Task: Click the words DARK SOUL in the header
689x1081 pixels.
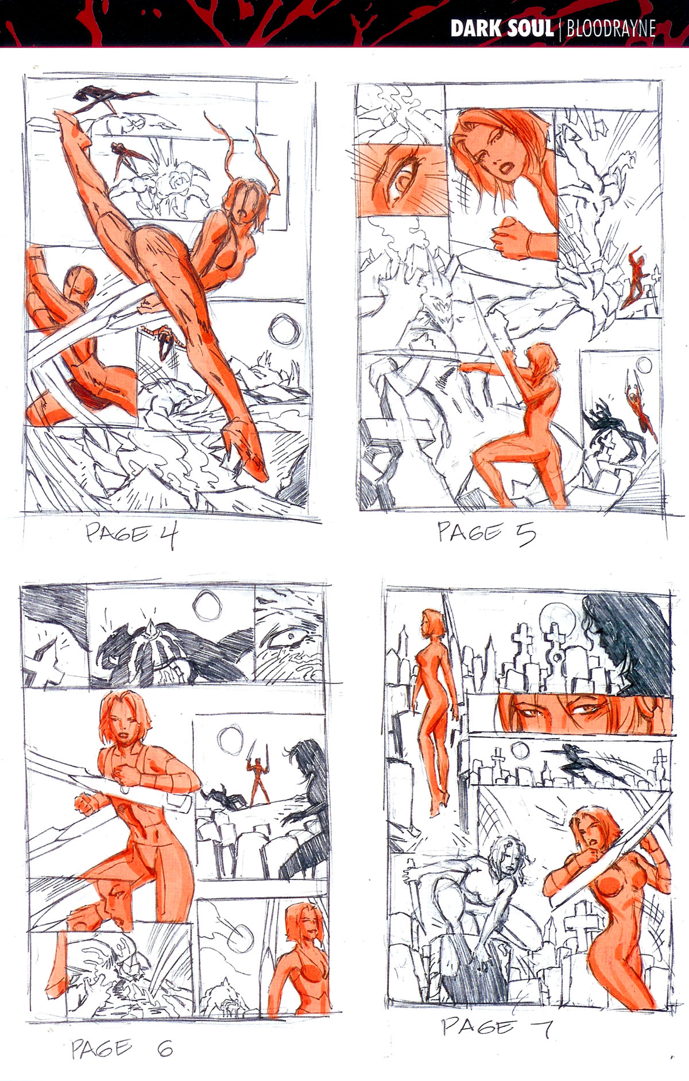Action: [501, 29]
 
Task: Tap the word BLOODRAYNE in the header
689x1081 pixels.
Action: [611, 29]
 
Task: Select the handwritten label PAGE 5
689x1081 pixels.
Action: [487, 532]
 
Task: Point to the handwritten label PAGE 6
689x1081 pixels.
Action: [122, 1049]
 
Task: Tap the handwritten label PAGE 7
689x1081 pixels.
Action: [497, 1026]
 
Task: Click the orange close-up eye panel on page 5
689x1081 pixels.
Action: [400, 180]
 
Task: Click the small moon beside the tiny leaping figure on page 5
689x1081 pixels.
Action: [643, 365]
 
